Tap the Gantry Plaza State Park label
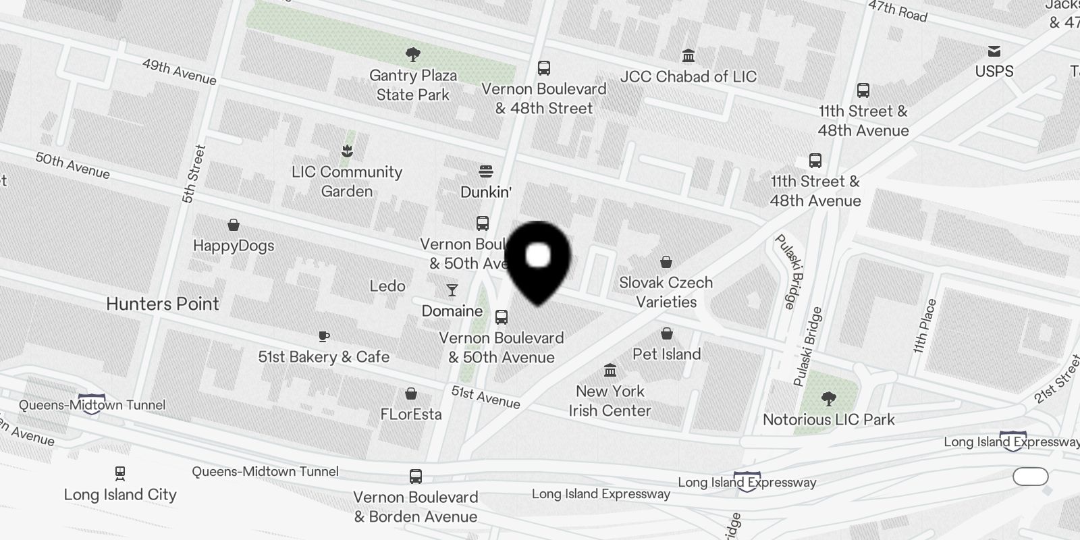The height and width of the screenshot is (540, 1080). [413, 85]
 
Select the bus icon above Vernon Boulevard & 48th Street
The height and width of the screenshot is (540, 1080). [544, 68]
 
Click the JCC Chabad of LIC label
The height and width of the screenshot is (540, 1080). [688, 76]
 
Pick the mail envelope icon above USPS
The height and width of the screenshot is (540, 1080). [994, 51]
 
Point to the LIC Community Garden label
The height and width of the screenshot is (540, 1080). [347, 182]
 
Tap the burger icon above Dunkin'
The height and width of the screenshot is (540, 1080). [486, 171]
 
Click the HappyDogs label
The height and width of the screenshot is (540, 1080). [234, 245]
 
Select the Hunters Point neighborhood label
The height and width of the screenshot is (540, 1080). [163, 304]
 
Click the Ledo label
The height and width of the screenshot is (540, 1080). [387, 286]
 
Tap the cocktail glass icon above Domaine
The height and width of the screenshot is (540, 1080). [452, 290]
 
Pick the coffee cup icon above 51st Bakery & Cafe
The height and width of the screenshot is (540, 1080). [324, 336]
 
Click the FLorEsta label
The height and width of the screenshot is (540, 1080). [411, 414]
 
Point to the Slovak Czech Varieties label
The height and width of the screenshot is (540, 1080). [666, 292]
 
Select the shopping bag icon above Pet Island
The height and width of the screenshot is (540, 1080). [667, 333]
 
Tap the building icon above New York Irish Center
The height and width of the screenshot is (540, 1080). [610, 370]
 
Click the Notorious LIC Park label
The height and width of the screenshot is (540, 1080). [829, 419]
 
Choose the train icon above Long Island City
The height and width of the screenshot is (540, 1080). [120, 473]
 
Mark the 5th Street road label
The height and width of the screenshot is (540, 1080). [193, 174]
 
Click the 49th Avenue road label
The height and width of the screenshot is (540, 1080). [179, 72]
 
